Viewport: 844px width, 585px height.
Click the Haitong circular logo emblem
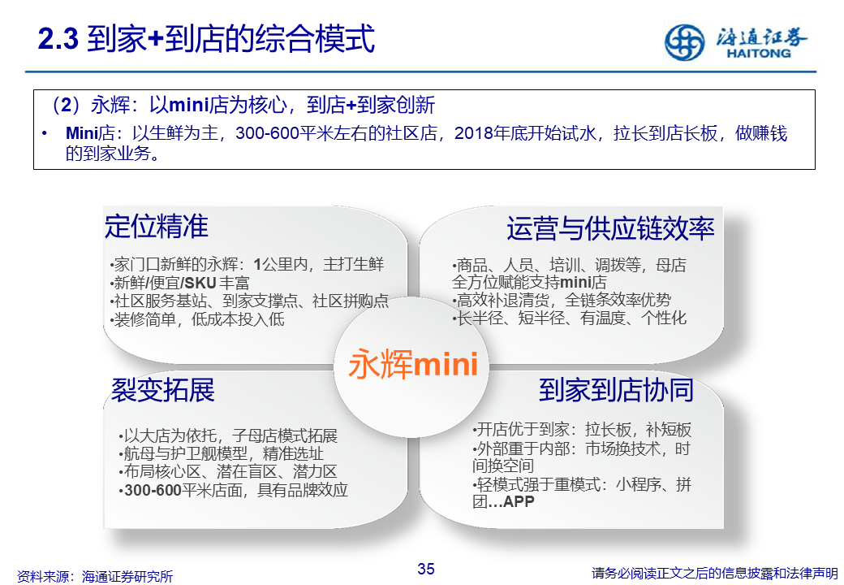(684, 42)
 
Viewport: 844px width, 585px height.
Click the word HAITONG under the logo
(759, 54)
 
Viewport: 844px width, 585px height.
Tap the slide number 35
(426, 569)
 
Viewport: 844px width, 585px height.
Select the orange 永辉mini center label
(413, 364)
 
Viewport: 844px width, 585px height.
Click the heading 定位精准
(156, 226)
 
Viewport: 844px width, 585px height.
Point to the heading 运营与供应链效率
(610, 228)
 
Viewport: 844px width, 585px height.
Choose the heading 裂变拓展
(163, 390)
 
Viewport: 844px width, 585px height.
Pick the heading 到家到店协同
(616, 390)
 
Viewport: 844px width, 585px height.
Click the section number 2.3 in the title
(58, 39)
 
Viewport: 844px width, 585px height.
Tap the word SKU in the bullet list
(200, 283)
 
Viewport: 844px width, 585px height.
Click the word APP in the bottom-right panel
(519, 501)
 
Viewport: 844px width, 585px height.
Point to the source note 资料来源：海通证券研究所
(95, 576)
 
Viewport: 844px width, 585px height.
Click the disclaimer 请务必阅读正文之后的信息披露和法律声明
(715, 573)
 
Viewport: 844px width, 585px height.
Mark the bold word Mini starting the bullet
(81, 133)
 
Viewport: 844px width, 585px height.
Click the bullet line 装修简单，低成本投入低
(197, 319)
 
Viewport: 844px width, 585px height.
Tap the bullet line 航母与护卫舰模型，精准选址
(222, 453)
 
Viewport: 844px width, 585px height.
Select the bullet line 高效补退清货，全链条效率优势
(562, 300)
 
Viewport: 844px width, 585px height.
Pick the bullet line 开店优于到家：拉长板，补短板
(581, 429)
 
